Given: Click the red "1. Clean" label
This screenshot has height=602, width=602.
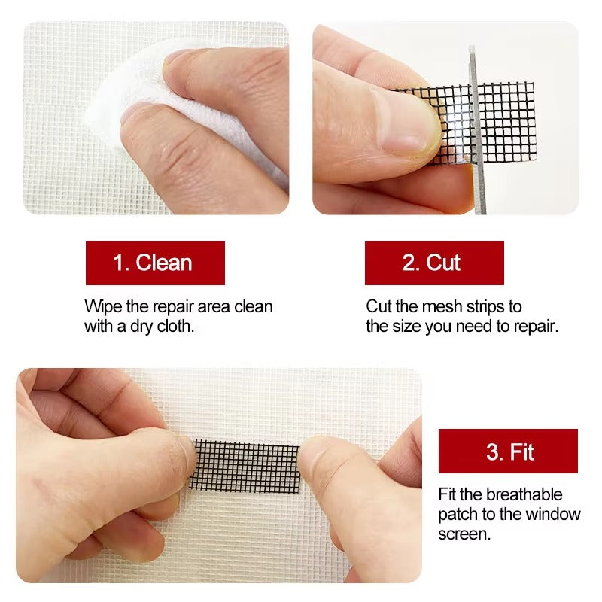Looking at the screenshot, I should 155,263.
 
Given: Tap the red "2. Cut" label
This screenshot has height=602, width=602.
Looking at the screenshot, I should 434,263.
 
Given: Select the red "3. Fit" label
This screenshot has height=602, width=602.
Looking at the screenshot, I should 508,451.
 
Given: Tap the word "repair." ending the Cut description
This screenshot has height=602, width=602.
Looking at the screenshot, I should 535,327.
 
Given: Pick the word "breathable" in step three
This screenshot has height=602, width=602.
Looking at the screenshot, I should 524,494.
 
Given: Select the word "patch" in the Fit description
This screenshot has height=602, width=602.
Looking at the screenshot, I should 458,514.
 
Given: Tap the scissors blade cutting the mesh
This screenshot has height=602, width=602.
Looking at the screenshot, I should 474,128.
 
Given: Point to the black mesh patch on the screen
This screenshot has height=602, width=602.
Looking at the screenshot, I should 245,465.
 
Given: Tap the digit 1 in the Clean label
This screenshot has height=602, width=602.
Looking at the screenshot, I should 118,263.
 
